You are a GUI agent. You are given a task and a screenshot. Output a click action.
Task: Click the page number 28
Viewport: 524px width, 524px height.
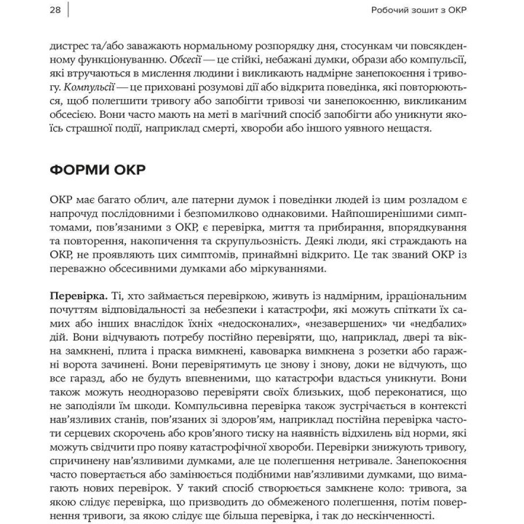click(55, 9)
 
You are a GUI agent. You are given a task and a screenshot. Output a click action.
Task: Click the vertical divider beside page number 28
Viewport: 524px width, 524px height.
click(69, 9)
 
